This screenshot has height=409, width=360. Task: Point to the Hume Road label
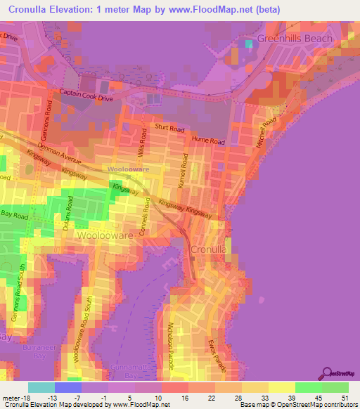(208, 141)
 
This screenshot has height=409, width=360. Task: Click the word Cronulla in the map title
(32, 10)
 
